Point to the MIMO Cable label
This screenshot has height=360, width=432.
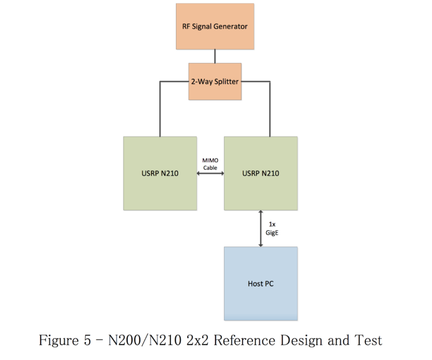[210, 164]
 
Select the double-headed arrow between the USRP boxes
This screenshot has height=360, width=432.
[210, 174]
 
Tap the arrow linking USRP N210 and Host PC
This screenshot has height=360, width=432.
[261, 228]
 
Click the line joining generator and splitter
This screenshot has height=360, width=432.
[215, 56]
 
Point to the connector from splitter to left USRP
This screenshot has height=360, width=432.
[160, 108]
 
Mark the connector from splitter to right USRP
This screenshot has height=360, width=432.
[269, 108]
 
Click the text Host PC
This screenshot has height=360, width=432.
[260, 284]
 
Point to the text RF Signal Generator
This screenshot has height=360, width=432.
[214, 27]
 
